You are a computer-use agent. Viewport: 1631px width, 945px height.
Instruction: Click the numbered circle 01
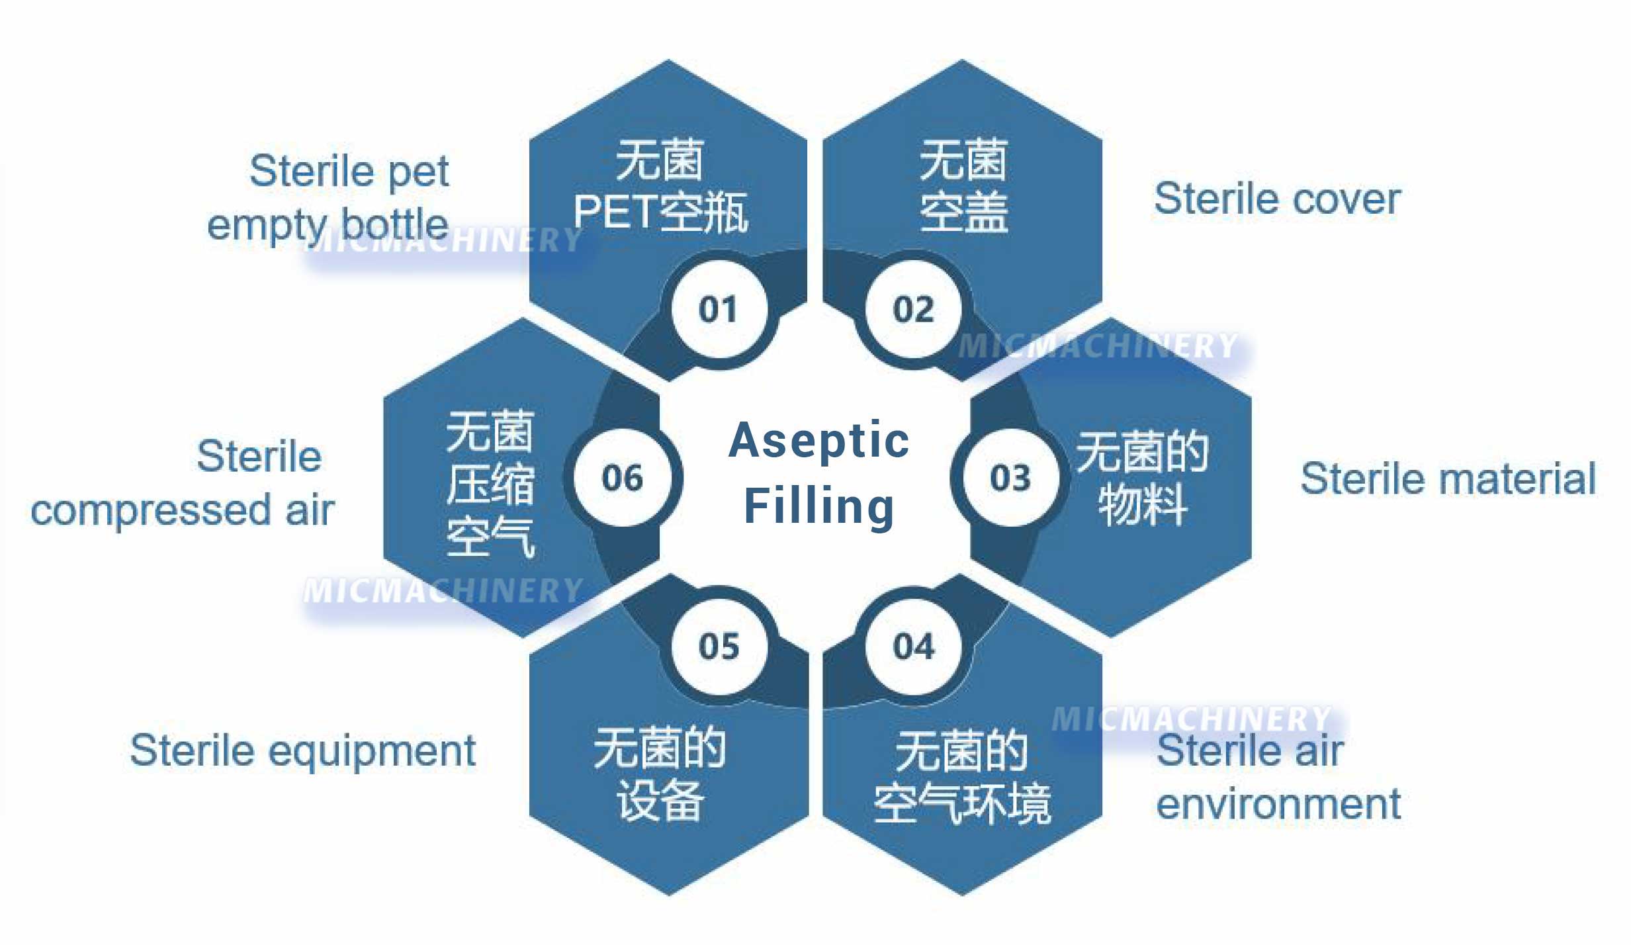719,309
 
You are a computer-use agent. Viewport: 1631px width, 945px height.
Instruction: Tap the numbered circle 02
913,309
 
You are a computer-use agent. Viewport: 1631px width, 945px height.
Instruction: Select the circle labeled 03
1010,477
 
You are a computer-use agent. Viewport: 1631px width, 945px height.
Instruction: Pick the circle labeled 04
913,646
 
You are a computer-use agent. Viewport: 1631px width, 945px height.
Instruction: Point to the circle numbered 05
719,646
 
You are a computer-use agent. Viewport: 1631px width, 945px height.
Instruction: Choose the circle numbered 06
622,477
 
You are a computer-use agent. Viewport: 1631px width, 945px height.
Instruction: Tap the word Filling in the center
819,506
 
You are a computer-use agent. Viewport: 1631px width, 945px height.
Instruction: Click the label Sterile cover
1277,199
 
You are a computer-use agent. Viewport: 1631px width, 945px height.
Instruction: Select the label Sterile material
1448,478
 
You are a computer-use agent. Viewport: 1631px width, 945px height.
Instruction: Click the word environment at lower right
1278,804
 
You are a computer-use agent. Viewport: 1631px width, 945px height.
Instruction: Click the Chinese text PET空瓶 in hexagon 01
661,212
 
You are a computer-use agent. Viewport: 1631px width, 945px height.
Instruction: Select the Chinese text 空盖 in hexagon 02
963,212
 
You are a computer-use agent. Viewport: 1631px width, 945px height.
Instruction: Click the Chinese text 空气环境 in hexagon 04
962,803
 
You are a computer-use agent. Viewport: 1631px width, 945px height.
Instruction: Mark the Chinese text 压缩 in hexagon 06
490,484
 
